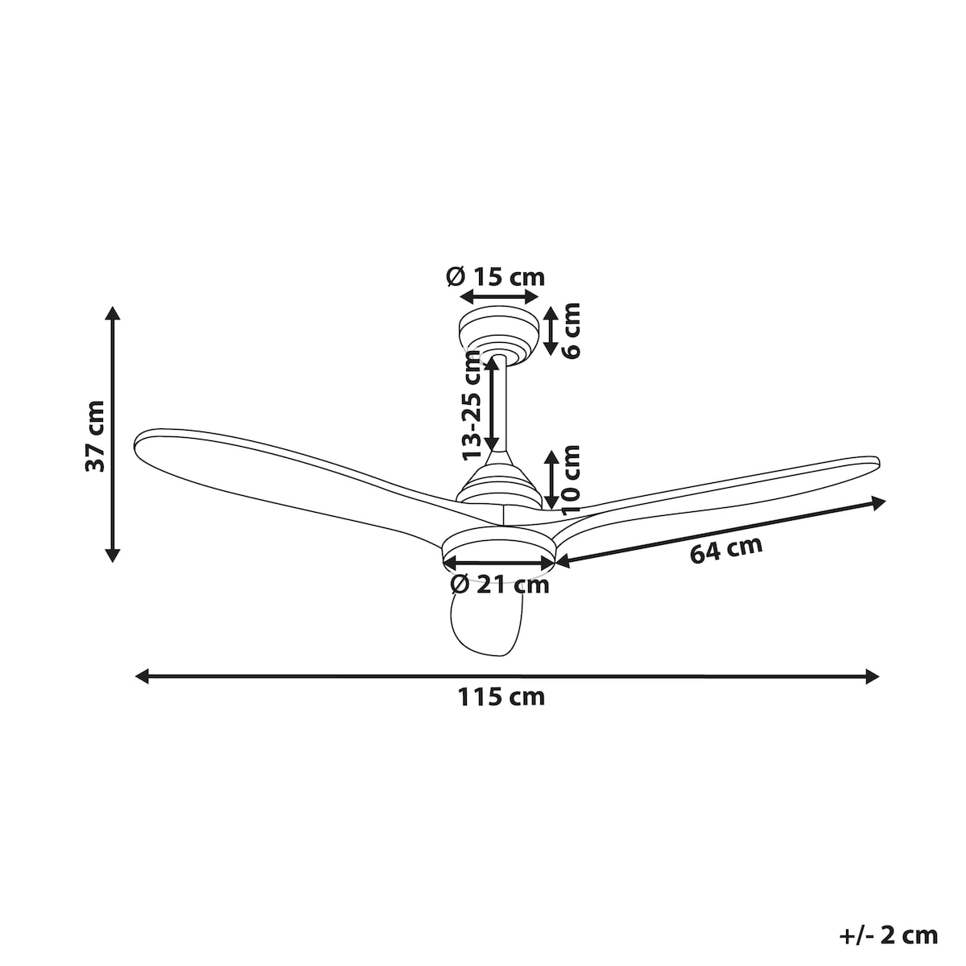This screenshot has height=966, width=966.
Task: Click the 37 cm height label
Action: tap(95, 436)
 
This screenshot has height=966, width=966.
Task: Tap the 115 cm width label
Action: tap(501, 697)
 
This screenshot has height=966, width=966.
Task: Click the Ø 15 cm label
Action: tap(495, 277)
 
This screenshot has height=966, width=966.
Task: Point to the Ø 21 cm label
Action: tap(500, 584)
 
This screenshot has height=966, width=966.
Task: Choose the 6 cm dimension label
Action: tap(571, 330)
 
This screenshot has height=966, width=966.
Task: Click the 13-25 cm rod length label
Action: tap(471, 406)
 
